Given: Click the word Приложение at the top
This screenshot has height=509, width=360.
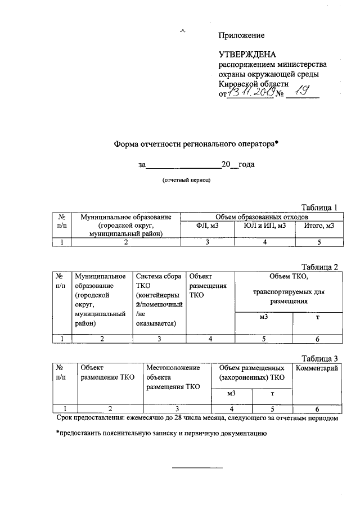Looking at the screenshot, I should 241,35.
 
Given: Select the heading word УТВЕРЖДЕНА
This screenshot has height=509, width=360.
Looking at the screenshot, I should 247,55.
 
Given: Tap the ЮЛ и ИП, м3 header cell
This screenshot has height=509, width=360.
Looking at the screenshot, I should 266,226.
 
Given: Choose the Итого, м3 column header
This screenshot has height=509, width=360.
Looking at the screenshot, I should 318,226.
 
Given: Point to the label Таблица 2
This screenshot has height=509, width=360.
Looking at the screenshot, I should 319,267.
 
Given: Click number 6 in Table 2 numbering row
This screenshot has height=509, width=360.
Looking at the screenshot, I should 317,339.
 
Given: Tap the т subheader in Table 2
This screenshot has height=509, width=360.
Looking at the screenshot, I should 317,318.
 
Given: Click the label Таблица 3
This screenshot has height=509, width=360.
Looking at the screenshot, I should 319,358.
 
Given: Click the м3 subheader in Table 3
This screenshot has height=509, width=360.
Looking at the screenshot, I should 231,394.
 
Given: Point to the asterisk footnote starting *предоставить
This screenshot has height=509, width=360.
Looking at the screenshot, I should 160,433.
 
